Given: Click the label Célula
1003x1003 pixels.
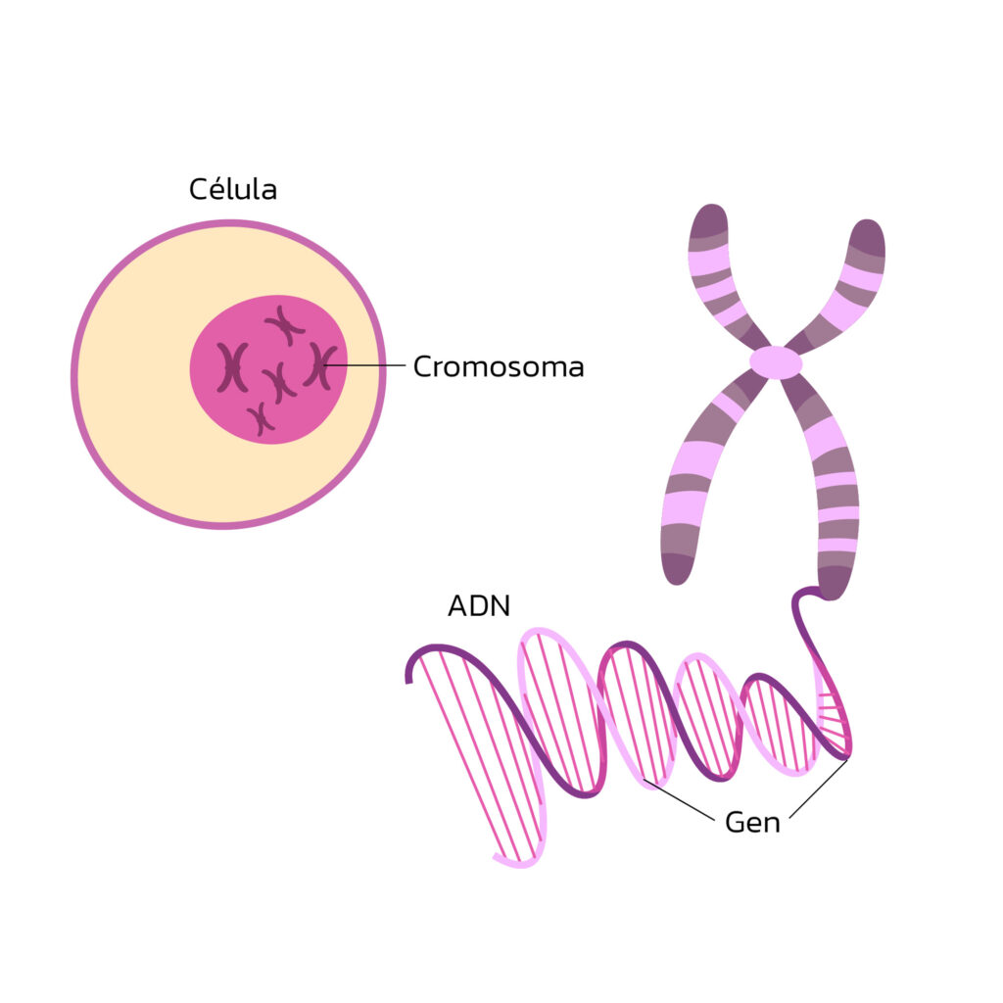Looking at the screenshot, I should coord(233,189).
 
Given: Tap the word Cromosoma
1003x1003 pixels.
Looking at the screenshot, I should coord(498,367).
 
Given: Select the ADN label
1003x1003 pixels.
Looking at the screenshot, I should coord(479,605).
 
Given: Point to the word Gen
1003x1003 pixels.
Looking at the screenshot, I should coord(752,822).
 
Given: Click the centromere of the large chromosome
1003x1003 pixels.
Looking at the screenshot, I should coord(776,362).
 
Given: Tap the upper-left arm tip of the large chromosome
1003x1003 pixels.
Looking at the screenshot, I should coord(708,220).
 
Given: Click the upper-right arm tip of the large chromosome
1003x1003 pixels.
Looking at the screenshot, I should coord(867,235).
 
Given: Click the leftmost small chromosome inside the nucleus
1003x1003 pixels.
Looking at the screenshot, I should coord(232,367).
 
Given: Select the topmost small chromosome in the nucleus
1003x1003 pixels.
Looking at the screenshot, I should coord(284,324).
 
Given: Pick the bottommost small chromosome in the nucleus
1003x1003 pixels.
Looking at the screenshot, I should coord(260,418).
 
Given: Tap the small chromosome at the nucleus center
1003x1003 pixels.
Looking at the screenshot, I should coord(279,382).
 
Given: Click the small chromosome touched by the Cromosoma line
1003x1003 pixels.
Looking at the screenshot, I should coord(318,364).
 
